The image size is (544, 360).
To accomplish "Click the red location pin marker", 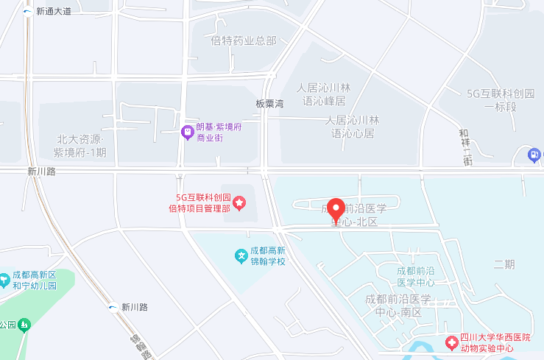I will [336, 210].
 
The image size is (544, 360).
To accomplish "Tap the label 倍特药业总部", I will [244, 40].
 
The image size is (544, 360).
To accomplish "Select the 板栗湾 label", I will [269, 104].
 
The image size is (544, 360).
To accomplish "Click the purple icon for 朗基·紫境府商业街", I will [188, 133].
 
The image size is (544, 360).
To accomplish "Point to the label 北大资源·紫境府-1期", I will [81, 147].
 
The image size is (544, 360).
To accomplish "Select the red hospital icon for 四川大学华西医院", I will [451, 342].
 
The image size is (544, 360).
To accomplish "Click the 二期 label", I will [504, 264].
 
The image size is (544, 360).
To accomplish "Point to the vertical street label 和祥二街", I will [464, 147].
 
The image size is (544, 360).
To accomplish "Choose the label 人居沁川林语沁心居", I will [353, 127].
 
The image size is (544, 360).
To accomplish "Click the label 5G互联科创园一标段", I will [501, 99].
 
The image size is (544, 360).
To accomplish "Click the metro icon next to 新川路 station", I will [113, 307].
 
